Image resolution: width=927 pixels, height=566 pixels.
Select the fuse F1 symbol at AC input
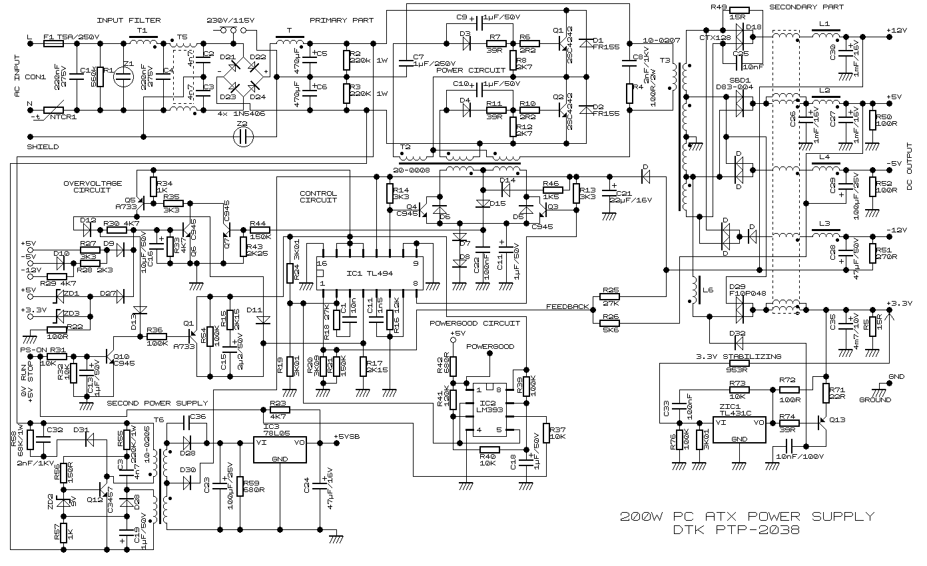coord(53,43)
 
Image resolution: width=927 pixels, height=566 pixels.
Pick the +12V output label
coord(897,31)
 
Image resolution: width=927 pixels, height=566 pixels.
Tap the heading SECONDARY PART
coord(806,7)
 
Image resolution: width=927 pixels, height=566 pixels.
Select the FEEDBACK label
coord(567,307)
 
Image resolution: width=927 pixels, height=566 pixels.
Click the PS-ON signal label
coord(34,350)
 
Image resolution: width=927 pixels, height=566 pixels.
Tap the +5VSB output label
coord(348,437)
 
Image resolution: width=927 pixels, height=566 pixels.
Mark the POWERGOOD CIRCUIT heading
coord(474,323)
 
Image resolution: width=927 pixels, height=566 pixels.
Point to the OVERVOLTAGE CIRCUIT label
coord(93,186)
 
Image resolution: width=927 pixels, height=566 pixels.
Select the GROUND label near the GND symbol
coord(874,400)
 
